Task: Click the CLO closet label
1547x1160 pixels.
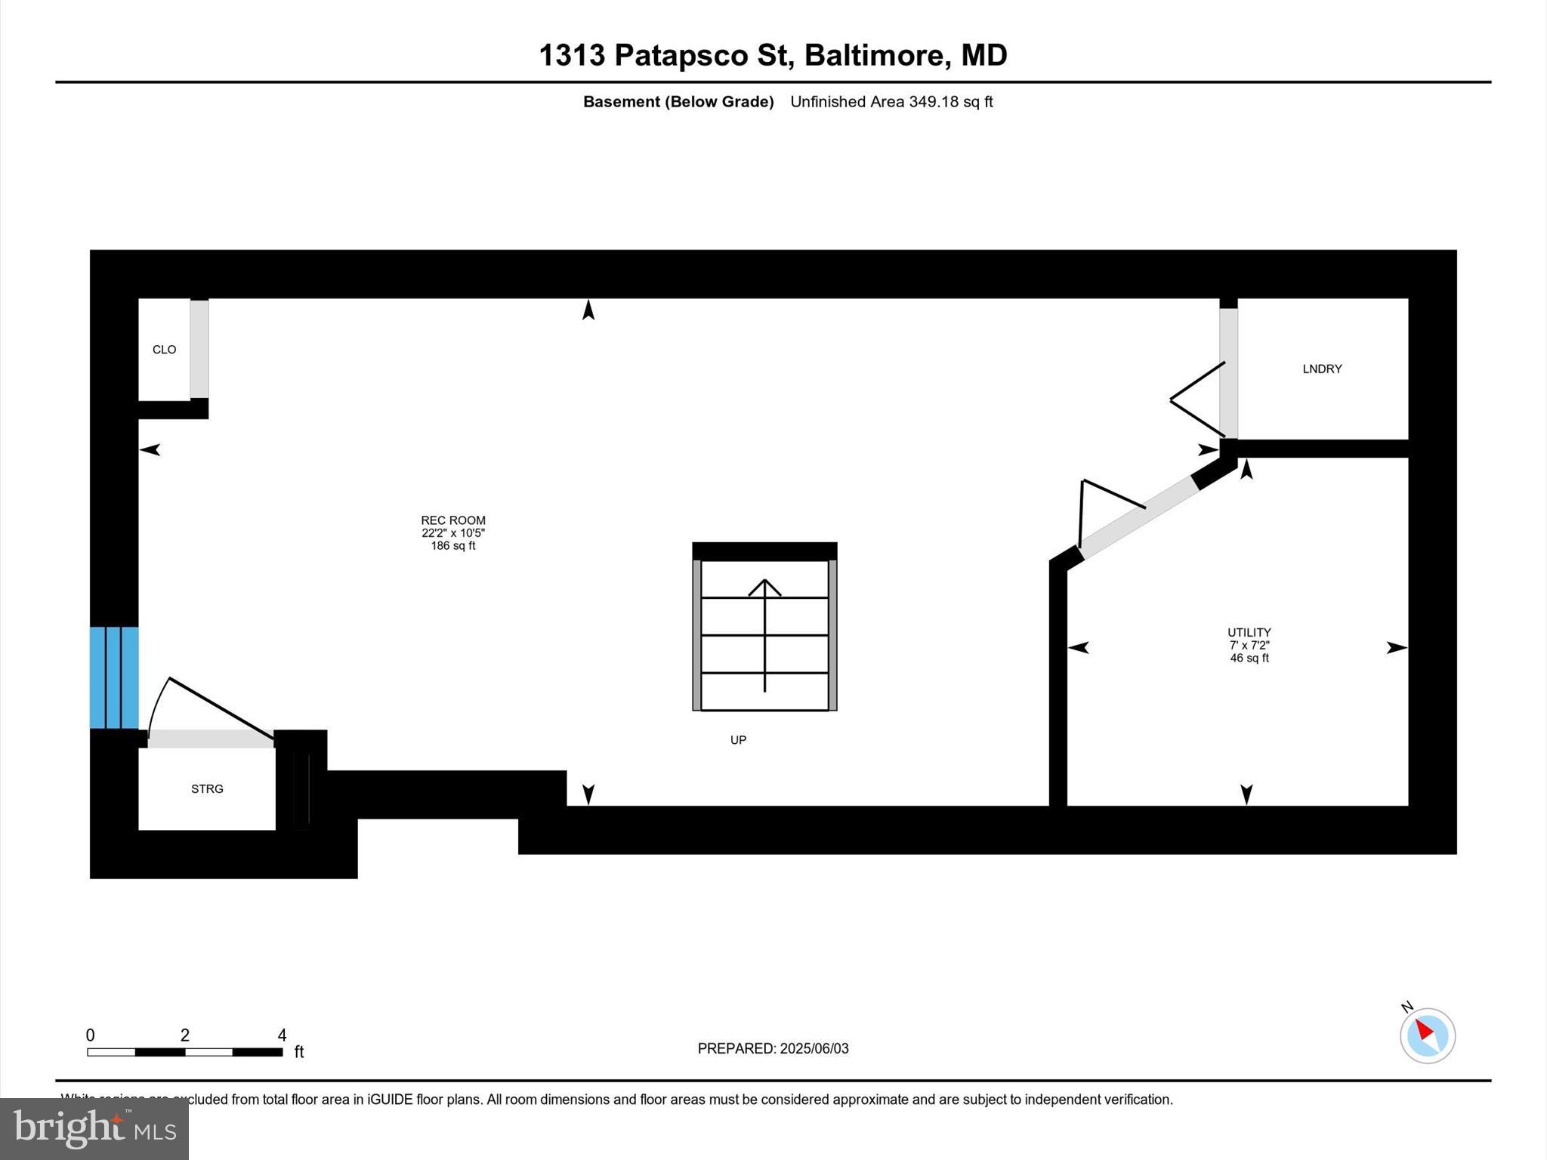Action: pos(164,350)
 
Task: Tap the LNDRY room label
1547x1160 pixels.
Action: pos(1322,369)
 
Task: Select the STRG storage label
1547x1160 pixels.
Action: pos(207,789)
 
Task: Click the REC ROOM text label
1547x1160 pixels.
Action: pos(453,520)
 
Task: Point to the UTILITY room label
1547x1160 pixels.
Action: pos(1249,632)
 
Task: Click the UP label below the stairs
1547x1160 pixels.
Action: pos(738,740)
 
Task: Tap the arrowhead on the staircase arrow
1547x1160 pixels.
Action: pos(764,585)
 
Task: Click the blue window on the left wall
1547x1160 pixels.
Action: pos(114,677)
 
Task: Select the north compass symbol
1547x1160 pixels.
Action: pos(1427,1035)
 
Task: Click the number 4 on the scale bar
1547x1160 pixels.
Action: pos(282,1035)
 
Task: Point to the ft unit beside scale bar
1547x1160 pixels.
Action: pos(299,1052)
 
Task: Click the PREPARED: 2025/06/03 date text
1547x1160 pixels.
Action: pos(773,1048)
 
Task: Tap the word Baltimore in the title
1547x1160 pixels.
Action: pos(872,55)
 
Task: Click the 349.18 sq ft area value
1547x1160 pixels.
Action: pos(950,102)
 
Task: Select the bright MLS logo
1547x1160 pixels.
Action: pos(94,1128)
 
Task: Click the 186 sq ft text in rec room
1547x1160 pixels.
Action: pos(453,546)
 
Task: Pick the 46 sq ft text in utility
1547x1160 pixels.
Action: pos(1249,658)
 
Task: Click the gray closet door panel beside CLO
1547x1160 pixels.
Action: pos(199,349)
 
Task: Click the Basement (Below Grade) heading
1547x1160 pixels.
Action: pos(678,102)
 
